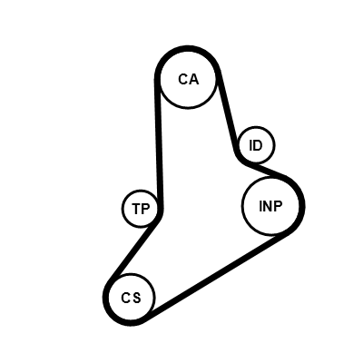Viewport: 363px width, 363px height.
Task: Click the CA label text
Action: pyautogui.click(x=188, y=79)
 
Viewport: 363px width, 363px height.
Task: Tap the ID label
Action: pyautogui.click(x=256, y=145)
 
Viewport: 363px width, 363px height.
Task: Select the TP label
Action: pyautogui.click(x=141, y=209)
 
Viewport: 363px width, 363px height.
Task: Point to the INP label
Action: pyautogui.click(x=270, y=206)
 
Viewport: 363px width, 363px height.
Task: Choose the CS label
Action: pyautogui.click(x=131, y=298)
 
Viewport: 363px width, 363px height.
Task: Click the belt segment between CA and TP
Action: pyautogui.click(x=159, y=143)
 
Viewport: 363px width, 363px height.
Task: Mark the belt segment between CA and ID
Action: pyautogui.click(x=228, y=112)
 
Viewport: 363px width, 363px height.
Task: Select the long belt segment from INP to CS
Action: pyautogui.click(x=216, y=274)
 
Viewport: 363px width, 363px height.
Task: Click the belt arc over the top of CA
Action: pyautogui.click(x=188, y=48)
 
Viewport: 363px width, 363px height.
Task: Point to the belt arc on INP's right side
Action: pyautogui.click(x=301, y=206)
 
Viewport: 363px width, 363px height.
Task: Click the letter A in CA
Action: pyautogui.click(x=193, y=79)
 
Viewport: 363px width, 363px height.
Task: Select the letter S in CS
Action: pyautogui.click(x=137, y=298)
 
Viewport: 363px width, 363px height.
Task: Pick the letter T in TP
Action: pyautogui.click(x=136, y=209)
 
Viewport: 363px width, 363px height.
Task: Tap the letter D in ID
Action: pyautogui.click(x=258, y=145)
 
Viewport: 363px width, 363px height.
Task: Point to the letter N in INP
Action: pyautogui.click(x=269, y=206)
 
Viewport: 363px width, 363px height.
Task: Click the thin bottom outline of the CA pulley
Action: pyautogui.click(x=188, y=107)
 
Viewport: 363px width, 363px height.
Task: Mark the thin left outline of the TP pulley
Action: pyautogui.click(x=123, y=209)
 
